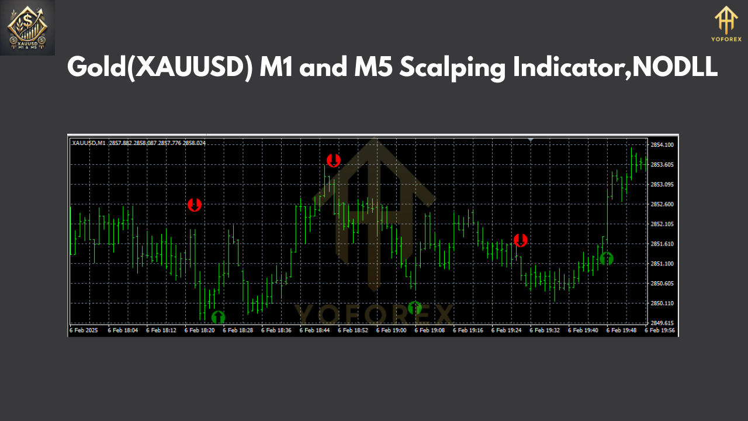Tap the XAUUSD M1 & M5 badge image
pyautogui.click(x=27, y=27)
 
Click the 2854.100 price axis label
pyautogui.click(x=662, y=144)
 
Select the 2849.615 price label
pyautogui.click(x=662, y=323)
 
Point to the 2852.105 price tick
pyautogui.click(x=662, y=224)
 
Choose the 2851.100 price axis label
pyautogui.click(x=662, y=264)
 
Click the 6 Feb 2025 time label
pyautogui.click(x=84, y=330)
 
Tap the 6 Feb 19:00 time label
pyautogui.click(x=392, y=330)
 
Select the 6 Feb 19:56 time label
pyautogui.click(x=660, y=330)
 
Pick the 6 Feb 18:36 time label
pyautogui.click(x=276, y=330)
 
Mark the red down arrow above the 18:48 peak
pyautogui.click(x=333, y=160)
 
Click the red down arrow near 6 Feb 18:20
pyautogui.click(x=195, y=205)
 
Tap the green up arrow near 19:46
pyautogui.click(x=607, y=258)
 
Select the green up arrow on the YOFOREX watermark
pyautogui.click(x=415, y=308)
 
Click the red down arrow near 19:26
pyautogui.click(x=520, y=240)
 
